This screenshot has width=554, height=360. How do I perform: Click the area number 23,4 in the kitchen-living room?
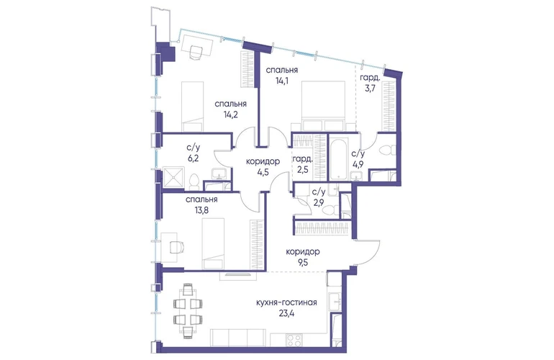[286, 312]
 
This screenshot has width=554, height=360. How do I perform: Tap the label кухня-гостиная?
[286, 302]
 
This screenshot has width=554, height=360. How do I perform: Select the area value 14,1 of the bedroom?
[281, 80]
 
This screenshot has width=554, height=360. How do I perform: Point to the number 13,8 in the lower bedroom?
[201, 210]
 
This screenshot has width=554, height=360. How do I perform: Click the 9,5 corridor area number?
[302, 262]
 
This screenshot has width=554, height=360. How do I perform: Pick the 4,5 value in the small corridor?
[263, 172]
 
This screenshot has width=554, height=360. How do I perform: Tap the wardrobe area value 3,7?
[370, 89]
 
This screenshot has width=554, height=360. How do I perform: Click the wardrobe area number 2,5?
[303, 169]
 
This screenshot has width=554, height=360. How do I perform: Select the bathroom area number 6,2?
[193, 158]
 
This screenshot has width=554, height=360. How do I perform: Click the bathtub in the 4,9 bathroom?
[339, 160]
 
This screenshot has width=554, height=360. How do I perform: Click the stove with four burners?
[294, 341]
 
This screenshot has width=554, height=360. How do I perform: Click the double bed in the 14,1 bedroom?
[323, 106]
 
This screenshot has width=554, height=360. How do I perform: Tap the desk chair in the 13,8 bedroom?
[178, 247]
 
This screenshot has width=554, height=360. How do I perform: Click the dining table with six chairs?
[188, 310]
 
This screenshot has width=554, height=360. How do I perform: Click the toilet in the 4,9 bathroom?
[386, 151]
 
